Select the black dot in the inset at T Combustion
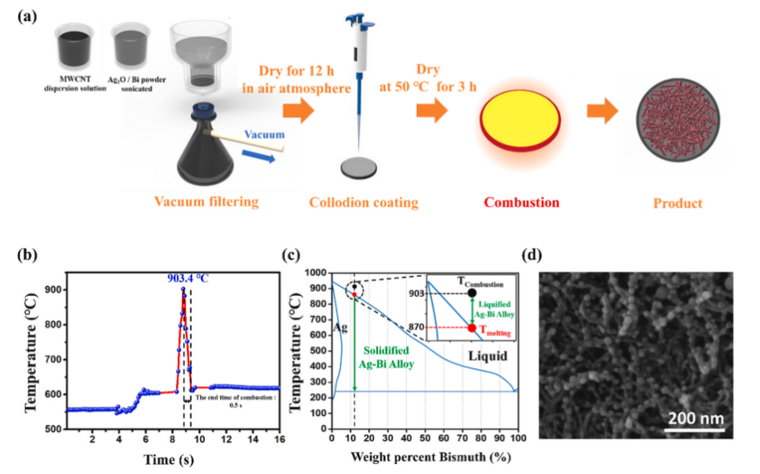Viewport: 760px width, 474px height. click(x=472, y=293)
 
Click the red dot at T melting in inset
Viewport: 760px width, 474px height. click(x=472, y=328)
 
